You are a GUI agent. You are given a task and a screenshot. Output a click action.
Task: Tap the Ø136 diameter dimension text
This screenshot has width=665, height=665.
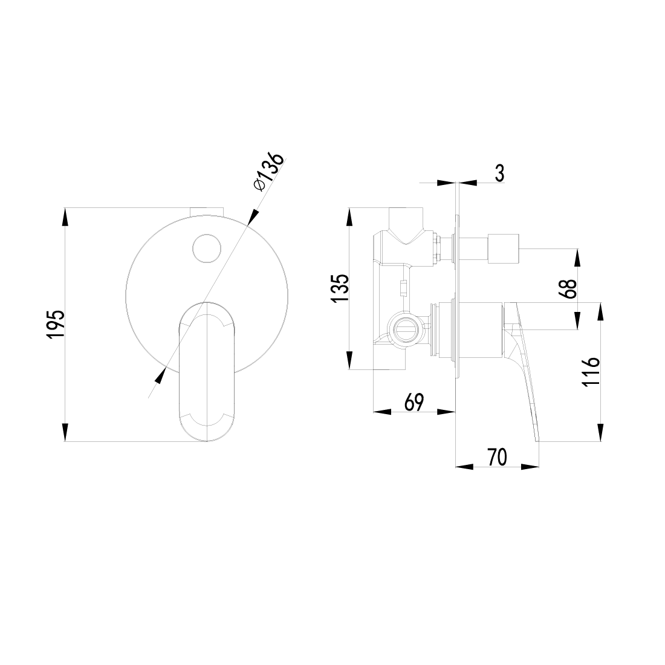pos(268,172)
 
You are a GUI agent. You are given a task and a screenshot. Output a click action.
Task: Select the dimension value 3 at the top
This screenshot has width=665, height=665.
pos(499,173)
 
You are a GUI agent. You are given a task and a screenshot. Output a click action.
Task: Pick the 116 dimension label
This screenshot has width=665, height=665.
pos(592,371)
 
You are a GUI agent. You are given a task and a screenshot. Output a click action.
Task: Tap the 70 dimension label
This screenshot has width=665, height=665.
pos(496,457)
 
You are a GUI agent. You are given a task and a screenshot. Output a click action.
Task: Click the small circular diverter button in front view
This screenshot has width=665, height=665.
pos(207,247)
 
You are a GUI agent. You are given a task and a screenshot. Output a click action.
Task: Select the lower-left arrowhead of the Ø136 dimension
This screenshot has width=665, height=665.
pos(160,375)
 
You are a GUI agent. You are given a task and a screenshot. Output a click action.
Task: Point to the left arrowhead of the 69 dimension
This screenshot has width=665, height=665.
pos(381,412)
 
